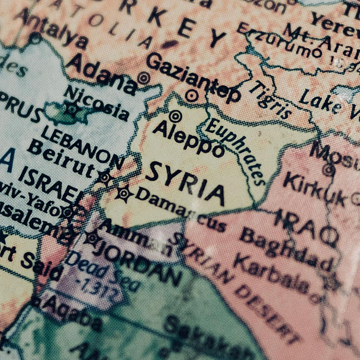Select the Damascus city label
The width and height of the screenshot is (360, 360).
(x=180, y=210)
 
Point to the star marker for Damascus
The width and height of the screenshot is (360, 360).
(x=124, y=193)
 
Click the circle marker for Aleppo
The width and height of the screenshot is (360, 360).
(x=175, y=116)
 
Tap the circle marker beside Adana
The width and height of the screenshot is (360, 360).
(x=143, y=78)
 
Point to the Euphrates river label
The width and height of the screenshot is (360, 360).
(x=236, y=151)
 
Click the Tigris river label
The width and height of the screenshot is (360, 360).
(x=269, y=99)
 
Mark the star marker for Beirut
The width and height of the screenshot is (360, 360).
(x=105, y=176)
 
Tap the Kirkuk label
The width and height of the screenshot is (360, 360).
(x=314, y=190)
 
